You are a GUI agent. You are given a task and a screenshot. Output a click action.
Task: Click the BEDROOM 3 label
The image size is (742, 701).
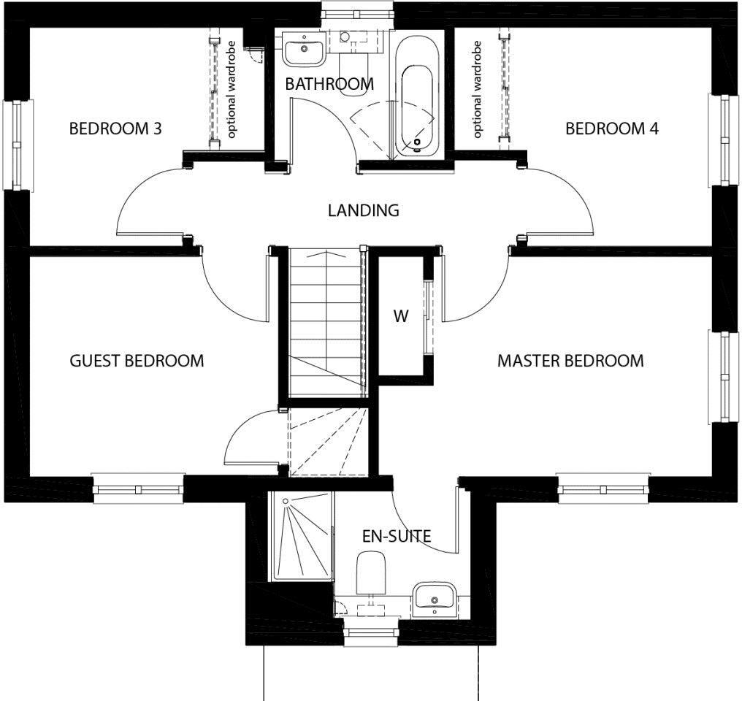tap(115, 129)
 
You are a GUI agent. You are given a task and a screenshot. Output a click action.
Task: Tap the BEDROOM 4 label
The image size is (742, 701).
tap(612, 129)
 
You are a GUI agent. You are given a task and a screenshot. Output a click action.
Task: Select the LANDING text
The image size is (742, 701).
tap(364, 210)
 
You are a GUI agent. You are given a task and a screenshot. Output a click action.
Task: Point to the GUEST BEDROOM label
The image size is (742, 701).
tap(137, 361)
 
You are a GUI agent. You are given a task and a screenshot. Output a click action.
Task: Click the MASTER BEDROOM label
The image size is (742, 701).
tap(570, 361)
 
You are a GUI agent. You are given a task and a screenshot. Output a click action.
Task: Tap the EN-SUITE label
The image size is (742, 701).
tap(397, 537)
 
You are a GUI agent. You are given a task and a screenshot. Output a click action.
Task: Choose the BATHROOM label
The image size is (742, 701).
tap(329, 84)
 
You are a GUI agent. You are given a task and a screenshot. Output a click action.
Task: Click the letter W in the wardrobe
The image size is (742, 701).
tap(401, 316)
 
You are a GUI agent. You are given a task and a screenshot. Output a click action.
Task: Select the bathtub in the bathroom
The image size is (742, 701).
tap(417, 95)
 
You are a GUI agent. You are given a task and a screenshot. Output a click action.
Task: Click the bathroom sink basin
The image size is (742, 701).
tap(303, 50)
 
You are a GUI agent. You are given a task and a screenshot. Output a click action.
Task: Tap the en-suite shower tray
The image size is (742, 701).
tap(301, 536)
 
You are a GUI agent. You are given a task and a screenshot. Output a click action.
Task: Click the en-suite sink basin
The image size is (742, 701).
tap(435, 599)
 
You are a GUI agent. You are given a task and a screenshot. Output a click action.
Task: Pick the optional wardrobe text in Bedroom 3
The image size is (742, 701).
tap(232, 90)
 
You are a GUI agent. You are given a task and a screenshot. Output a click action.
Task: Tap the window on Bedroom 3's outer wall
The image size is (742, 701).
tap(18, 145)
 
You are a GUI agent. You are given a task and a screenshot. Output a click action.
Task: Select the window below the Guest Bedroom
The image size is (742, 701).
tap(138, 489)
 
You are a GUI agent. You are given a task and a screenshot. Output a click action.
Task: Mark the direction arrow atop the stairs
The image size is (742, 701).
tap(326, 254)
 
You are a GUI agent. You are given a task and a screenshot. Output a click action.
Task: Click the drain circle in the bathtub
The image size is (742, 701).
tap(418, 142)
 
